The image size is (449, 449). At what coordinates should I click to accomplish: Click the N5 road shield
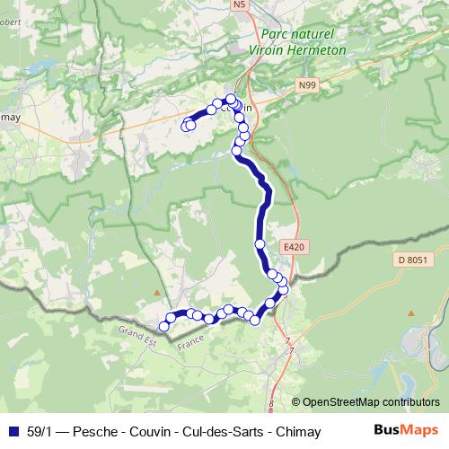239,5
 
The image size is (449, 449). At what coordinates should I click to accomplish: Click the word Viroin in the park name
282,51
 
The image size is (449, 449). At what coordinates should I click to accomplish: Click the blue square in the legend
12,431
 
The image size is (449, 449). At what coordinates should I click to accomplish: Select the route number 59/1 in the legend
40,431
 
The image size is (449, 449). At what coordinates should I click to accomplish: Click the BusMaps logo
406,430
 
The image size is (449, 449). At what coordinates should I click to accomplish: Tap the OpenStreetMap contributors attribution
370,403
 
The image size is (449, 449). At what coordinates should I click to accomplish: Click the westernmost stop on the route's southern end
163,325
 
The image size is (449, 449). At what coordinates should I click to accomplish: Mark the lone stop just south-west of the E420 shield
260,243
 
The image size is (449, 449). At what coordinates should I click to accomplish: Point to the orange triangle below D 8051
410,313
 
